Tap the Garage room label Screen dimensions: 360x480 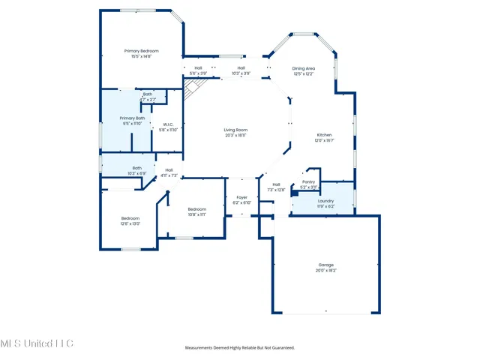(x=325, y=265)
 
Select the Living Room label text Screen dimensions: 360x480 (x=235, y=130)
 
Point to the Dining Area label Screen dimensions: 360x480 (x=303, y=68)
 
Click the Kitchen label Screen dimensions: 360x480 (x=323, y=135)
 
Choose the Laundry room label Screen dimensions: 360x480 (x=325, y=201)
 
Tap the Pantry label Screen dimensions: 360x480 (x=308, y=181)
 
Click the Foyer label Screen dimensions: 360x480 (x=241, y=197)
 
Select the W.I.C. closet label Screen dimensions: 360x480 (x=168, y=124)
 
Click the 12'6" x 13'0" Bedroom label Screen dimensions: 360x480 (x=130, y=218)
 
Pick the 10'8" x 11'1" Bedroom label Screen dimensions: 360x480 (x=196, y=208)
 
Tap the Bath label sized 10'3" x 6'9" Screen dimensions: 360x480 (x=137, y=168)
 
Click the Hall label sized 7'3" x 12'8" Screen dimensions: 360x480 (x=276, y=184)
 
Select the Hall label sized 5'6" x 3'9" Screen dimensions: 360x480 (x=198, y=68)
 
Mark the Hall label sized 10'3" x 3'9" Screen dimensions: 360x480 (x=241, y=68)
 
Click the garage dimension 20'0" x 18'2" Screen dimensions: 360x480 (x=325, y=270)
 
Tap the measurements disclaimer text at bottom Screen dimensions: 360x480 (x=240, y=348)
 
